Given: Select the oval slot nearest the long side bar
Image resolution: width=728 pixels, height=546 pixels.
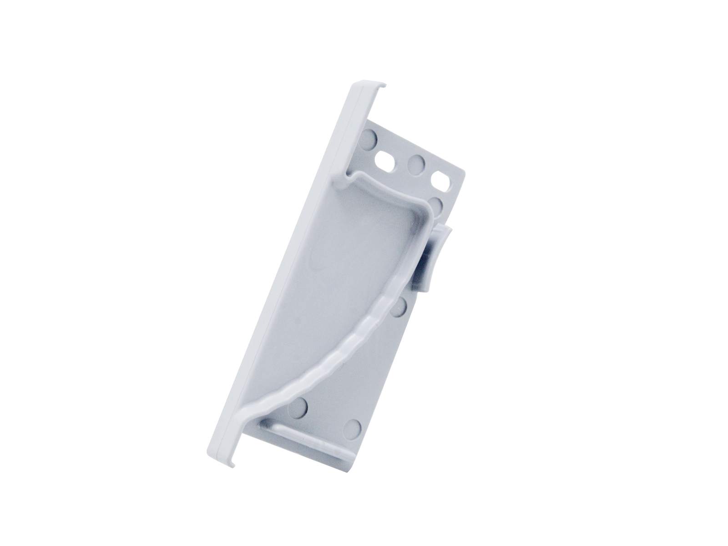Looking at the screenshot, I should (384, 160).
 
